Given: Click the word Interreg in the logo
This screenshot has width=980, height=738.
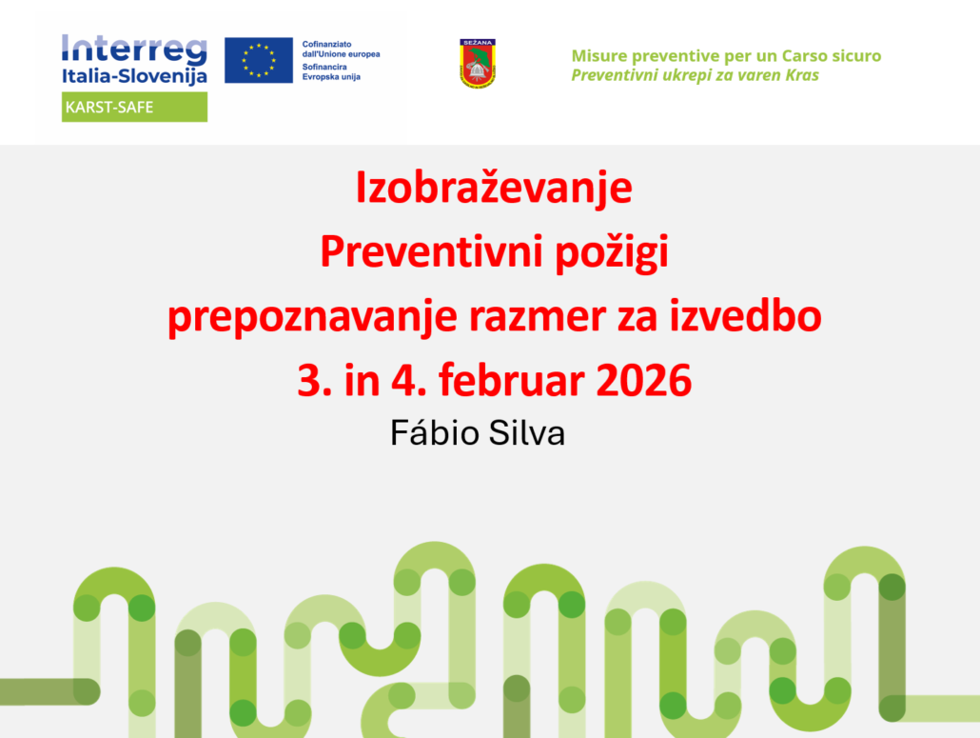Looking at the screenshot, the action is tap(134, 50).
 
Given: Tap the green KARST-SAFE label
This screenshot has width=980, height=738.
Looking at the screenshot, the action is tap(134, 107).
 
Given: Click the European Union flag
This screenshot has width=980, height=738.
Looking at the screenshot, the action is tap(259, 60).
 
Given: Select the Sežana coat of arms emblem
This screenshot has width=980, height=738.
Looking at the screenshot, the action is tap(478, 63).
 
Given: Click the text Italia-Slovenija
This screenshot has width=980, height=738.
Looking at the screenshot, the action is tap(134, 76).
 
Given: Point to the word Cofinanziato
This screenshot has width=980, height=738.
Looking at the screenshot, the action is tap(327, 45).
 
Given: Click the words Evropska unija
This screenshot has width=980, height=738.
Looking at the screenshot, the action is tap(331, 77).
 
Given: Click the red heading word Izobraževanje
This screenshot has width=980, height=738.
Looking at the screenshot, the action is tap(494, 188).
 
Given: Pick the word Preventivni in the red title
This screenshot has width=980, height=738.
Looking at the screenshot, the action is tap(433, 250).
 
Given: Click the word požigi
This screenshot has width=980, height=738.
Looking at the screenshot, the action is tap(613, 253).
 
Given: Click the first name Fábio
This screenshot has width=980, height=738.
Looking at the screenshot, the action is tap(435, 432).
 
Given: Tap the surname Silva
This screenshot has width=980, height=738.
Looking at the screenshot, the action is tap(527, 432).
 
